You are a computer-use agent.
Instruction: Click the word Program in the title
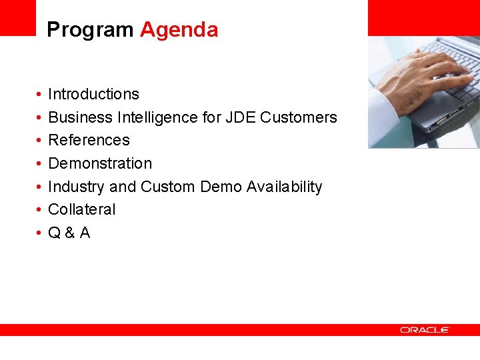click(90, 30)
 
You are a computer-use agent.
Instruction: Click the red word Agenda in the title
click(179, 30)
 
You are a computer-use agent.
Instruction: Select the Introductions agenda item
click(93, 94)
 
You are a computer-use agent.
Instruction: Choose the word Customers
click(299, 117)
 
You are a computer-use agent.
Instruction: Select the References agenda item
click(89, 140)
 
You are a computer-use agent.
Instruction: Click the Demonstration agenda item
click(100, 163)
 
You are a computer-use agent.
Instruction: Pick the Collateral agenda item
click(81, 209)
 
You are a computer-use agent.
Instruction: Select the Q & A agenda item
click(69, 233)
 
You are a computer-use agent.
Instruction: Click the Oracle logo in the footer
click(425, 330)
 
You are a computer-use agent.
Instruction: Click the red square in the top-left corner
click(17, 17)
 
